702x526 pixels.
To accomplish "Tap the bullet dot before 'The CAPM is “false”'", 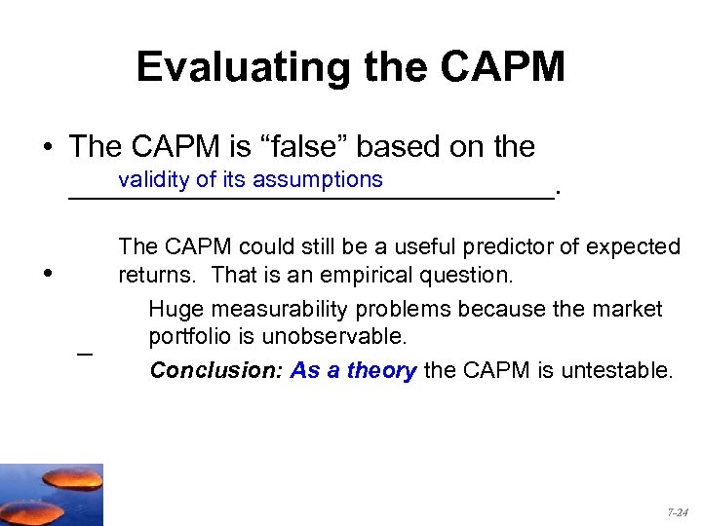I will pyautogui.click(x=47, y=148).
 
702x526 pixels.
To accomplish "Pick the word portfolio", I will pyautogui.click(x=189, y=336).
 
